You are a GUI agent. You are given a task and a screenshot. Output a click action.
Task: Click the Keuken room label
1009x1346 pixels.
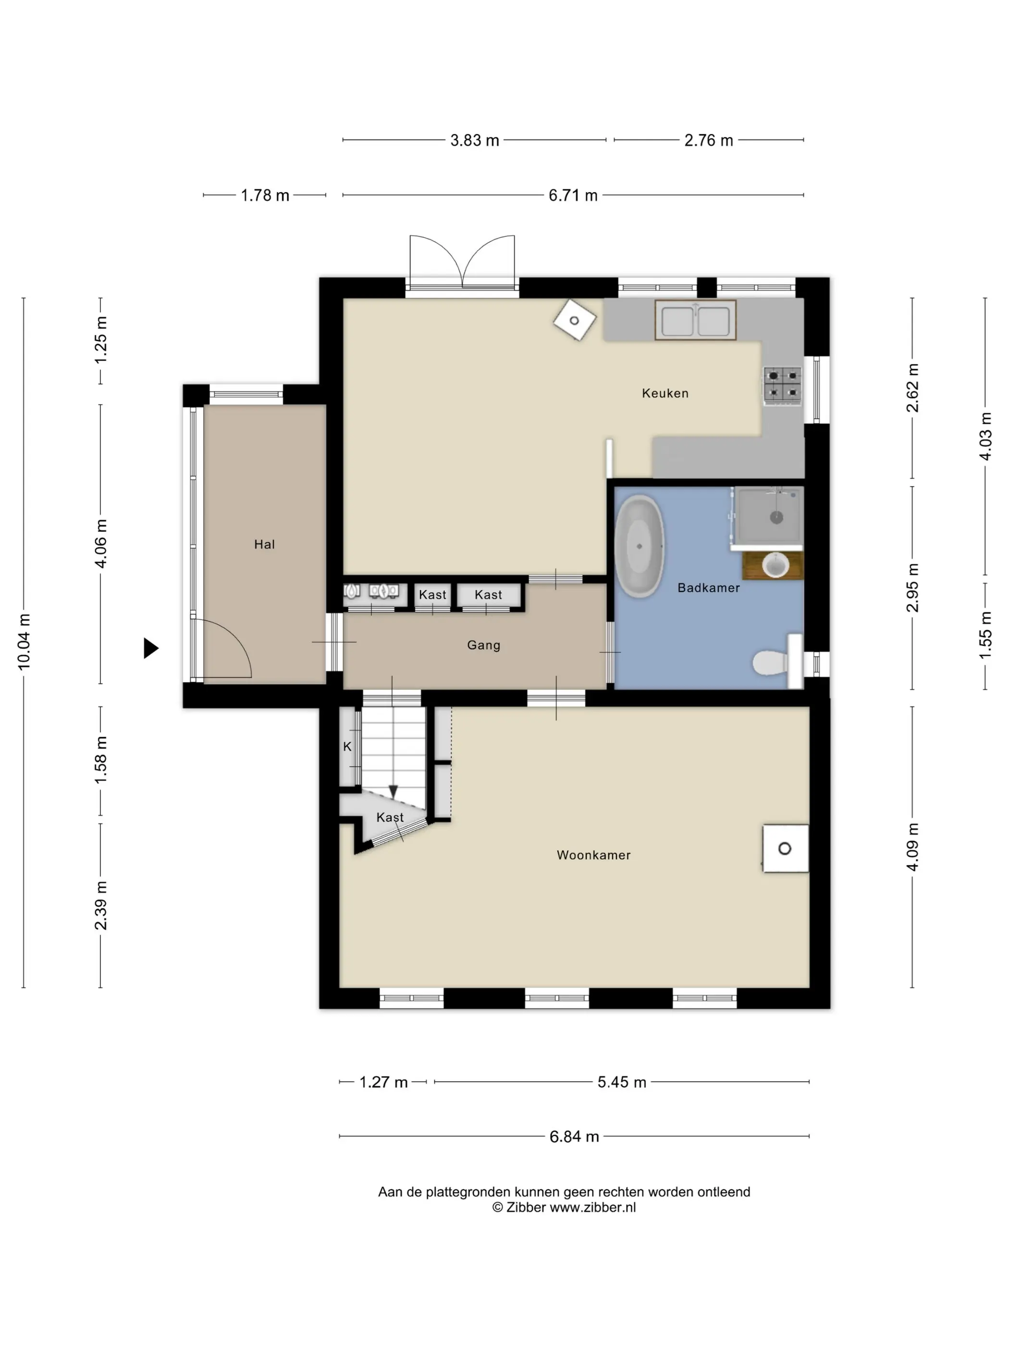click(665, 393)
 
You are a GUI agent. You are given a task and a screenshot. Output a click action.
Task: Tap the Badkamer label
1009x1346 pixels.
click(709, 588)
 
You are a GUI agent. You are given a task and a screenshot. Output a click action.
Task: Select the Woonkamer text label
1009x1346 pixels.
click(593, 855)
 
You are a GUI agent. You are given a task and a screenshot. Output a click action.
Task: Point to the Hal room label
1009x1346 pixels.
click(265, 545)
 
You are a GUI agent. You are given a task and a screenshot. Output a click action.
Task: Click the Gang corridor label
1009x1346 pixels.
click(483, 645)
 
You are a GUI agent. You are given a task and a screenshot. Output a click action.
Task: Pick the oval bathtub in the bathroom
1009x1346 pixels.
click(639, 546)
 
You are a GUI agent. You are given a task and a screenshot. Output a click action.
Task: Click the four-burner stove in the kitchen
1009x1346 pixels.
click(783, 385)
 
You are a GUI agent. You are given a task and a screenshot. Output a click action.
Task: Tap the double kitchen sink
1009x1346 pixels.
click(695, 320)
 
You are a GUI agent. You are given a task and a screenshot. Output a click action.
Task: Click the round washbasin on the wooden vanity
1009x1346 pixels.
click(775, 565)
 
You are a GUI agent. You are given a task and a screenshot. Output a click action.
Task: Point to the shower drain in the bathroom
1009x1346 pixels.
click(776, 518)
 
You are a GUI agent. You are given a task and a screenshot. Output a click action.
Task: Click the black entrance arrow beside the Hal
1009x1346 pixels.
click(151, 648)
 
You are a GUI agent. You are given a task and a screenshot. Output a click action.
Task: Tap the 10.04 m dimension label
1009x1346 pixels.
click(24, 642)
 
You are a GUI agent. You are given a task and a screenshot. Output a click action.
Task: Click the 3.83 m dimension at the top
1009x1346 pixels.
click(474, 140)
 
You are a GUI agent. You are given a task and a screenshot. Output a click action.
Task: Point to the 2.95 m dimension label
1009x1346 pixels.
click(912, 588)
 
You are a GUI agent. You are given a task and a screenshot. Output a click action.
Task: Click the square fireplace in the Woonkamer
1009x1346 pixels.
click(785, 848)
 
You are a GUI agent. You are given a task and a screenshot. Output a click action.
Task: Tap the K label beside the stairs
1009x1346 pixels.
click(347, 747)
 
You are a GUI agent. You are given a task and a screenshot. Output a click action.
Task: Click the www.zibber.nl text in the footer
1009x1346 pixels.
click(592, 1207)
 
